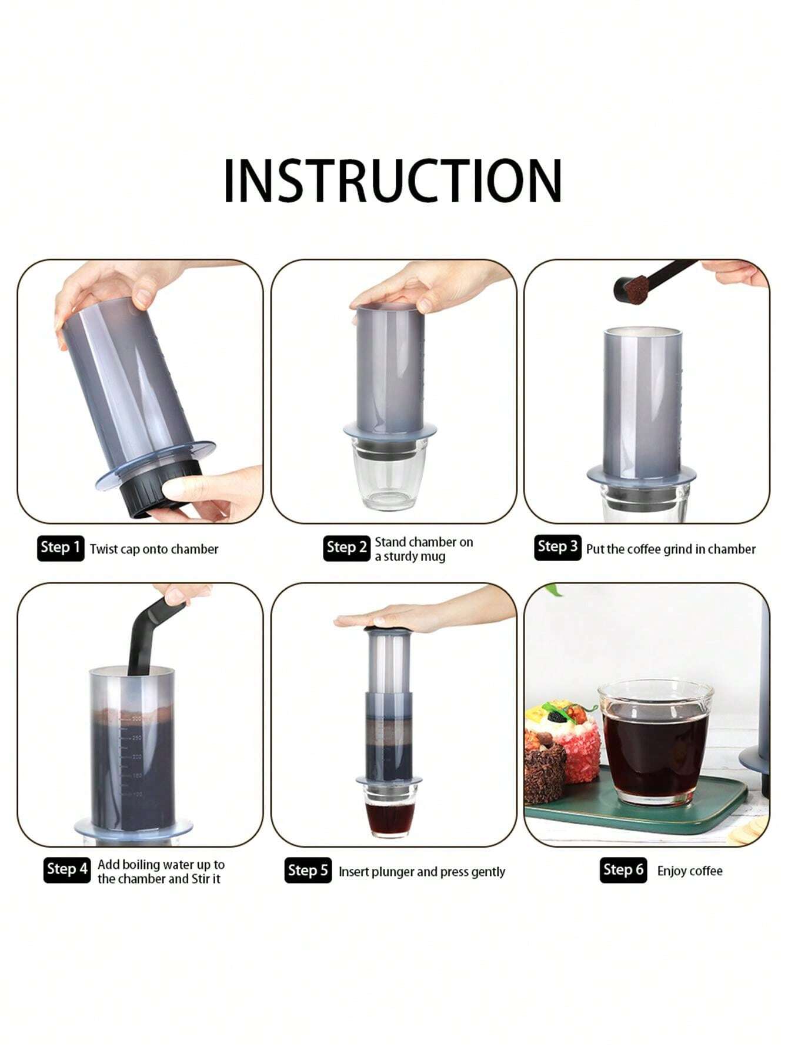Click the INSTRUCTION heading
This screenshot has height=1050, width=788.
pyautogui.click(x=393, y=181)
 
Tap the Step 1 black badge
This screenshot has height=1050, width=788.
pyautogui.click(x=61, y=548)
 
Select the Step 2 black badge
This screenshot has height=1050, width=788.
pyautogui.click(x=346, y=548)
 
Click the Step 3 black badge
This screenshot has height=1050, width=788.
pyautogui.click(x=557, y=547)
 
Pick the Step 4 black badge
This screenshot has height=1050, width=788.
pyautogui.click(x=67, y=869)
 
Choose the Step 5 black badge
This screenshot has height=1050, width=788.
pyautogui.click(x=308, y=871)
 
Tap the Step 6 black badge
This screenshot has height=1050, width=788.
pyautogui.click(x=623, y=869)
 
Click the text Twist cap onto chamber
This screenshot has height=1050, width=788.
pyautogui.click(x=154, y=549)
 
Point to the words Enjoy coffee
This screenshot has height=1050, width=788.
pyautogui.click(x=690, y=871)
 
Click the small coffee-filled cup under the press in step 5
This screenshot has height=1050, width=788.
pyautogui.click(x=389, y=815)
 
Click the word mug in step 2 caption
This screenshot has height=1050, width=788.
pyautogui.click(x=433, y=556)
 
